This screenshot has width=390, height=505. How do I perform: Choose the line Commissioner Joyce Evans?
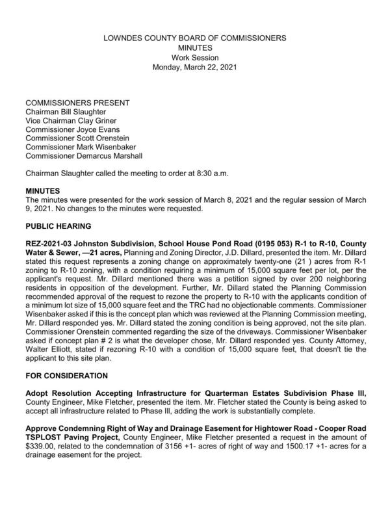click(x=72, y=129)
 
